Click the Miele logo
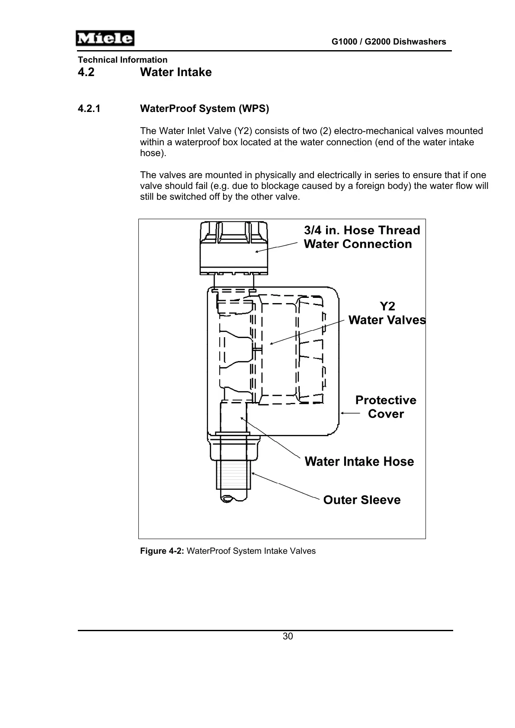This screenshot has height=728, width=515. (x=105, y=38)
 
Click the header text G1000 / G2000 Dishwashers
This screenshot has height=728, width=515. (x=388, y=42)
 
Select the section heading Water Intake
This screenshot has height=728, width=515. (x=176, y=72)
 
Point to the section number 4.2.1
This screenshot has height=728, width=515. (x=89, y=109)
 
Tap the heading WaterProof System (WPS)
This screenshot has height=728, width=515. (x=204, y=109)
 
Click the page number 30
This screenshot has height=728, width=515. (x=288, y=636)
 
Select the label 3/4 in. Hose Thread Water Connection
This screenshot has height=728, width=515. (x=361, y=237)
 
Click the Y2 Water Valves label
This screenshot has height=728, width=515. (x=387, y=313)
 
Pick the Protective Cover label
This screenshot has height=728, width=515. (x=386, y=407)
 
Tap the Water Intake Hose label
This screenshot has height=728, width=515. (x=359, y=462)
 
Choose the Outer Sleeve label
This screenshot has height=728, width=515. (x=361, y=500)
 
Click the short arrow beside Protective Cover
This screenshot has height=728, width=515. (x=350, y=413)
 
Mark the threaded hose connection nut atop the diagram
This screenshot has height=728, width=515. (x=234, y=249)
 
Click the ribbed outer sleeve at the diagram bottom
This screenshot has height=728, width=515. (x=234, y=473)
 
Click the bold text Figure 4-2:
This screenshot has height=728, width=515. (x=162, y=551)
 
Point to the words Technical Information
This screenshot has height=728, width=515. (x=122, y=60)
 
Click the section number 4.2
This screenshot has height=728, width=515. (x=86, y=72)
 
